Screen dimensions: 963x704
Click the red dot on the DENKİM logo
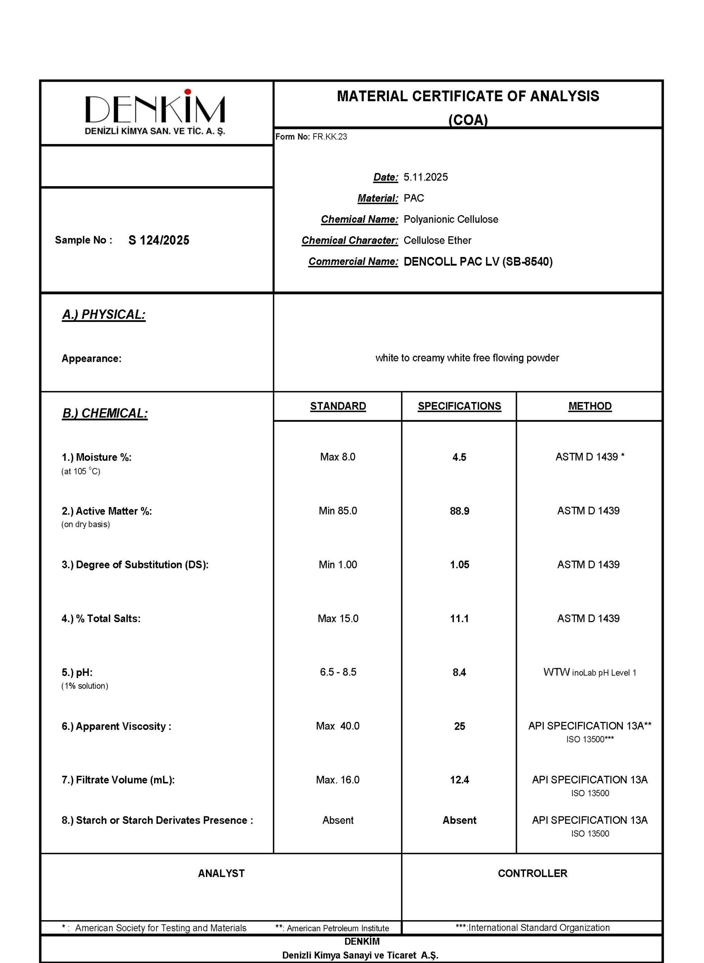187,91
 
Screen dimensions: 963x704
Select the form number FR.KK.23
329,137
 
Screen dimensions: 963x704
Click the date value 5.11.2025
425,177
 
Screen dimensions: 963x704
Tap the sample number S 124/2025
158,240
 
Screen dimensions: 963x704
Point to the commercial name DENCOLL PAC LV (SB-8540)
478,261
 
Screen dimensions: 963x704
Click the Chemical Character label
350,241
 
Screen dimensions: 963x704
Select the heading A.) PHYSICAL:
103,314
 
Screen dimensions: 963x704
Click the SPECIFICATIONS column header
459,406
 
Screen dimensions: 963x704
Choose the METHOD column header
589,406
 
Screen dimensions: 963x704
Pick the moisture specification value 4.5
459,457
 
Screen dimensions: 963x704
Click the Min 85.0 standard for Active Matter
338,511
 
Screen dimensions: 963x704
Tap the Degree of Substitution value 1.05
459,564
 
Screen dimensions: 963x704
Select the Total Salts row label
101,618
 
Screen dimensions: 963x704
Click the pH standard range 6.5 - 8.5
338,672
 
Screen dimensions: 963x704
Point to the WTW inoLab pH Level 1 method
589,673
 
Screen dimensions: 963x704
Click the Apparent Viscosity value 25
459,726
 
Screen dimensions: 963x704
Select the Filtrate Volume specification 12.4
459,780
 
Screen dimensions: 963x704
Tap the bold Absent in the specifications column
459,820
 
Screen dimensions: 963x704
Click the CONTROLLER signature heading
532,873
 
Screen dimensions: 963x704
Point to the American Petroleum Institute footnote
332,928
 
